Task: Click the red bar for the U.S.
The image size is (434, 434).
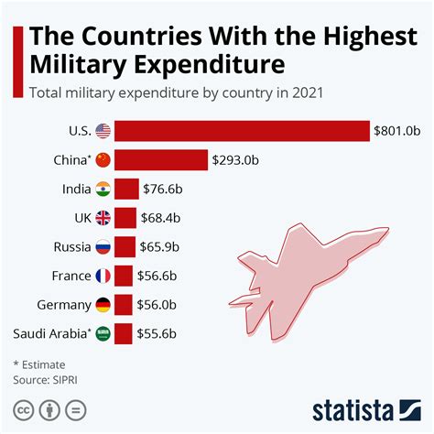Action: pos(243,131)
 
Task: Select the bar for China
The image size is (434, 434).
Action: pos(162,160)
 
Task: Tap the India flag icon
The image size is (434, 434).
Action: pos(103,190)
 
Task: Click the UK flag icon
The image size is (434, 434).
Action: pos(103,218)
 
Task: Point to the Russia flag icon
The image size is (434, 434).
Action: pos(103,247)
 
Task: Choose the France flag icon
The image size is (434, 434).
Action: pos(103,276)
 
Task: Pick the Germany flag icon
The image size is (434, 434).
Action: pos(103,305)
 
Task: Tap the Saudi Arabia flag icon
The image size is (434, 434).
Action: pos(103,334)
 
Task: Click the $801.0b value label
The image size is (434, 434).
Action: pos(397,131)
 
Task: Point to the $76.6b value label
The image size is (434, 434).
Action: pos(163,190)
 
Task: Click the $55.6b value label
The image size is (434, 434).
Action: pos(159,334)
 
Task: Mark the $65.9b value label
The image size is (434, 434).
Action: pos(160,247)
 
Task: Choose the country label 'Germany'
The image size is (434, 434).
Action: pos(61,305)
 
